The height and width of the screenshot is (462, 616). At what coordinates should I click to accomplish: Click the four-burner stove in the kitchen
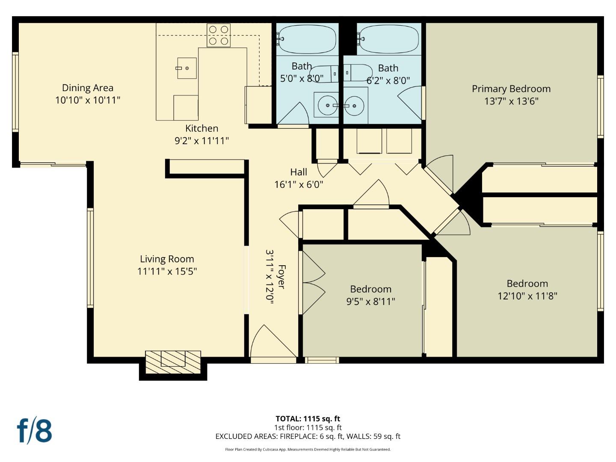pyautogui.click(x=219, y=35)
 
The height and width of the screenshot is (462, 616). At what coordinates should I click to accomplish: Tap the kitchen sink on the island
pyautogui.click(x=187, y=68)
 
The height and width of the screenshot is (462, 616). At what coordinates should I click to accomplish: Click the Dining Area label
pyautogui.click(x=88, y=88)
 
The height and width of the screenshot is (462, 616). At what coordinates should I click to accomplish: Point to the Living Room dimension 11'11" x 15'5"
pyautogui.click(x=167, y=271)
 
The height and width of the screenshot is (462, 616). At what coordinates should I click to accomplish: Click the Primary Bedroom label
pyautogui.click(x=511, y=89)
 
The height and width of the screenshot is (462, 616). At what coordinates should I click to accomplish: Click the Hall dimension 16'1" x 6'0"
pyautogui.click(x=298, y=184)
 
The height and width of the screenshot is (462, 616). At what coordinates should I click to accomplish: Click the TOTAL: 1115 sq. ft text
pyautogui.click(x=308, y=419)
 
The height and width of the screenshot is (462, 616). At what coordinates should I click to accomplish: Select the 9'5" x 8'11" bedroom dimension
pyautogui.click(x=370, y=301)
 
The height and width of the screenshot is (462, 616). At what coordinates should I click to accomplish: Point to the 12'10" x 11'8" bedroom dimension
pyautogui.click(x=527, y=296)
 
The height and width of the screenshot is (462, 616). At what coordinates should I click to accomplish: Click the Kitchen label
pyautogui.click(x=201, y=128)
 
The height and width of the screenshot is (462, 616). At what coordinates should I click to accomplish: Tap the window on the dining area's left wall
pyautogui.click(x=15, y=92)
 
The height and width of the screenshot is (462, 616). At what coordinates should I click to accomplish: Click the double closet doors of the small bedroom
pyautogui.click(x=312, y=283)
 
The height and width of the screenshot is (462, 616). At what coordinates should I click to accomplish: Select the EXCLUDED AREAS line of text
pyautogui.click(x=308, y=436)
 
